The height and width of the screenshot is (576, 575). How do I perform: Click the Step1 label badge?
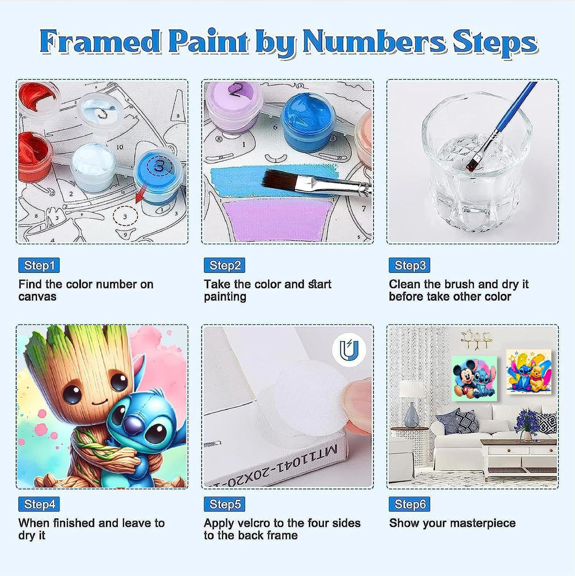tap(39, 265)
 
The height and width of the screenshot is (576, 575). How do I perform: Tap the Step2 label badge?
tap(225, 265)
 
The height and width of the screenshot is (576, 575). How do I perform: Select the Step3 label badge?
tap(410, 265)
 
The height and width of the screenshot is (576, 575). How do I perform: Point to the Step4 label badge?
tap(39, 504)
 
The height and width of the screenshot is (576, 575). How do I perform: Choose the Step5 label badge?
tap(225, 504)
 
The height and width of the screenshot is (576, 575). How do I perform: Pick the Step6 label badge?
tap(410, 504)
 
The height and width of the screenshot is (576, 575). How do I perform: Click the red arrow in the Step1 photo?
tap(140, 194)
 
